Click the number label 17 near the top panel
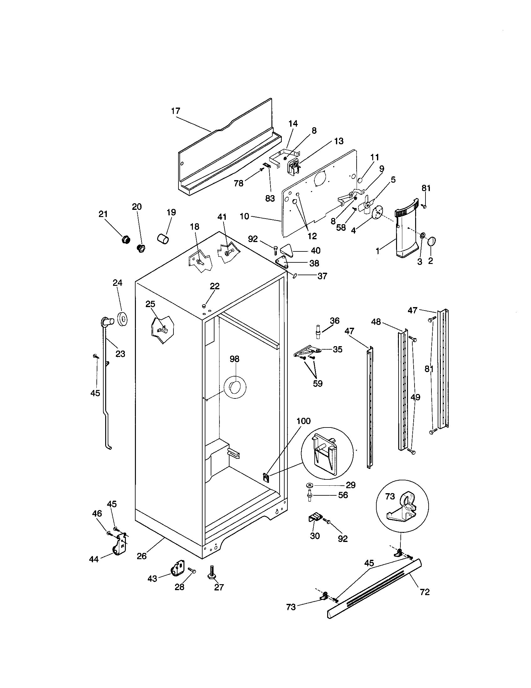coord(176,111)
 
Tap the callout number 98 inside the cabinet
coord(234,359)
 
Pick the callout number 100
coord(303,421)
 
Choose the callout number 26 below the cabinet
coord(142,556)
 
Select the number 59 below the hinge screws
coord(317,383)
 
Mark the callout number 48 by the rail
coord(376,322)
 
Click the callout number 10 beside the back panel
coord(245,216)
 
